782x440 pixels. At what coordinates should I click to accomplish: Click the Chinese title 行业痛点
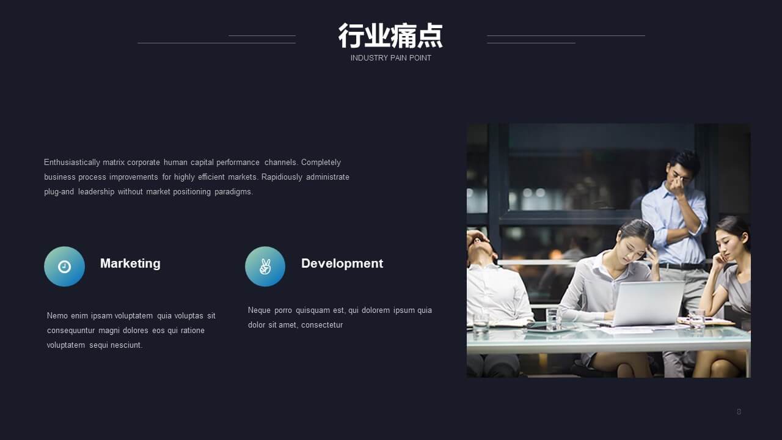(390, 35)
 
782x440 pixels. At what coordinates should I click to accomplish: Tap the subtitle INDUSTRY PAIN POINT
(390, 58)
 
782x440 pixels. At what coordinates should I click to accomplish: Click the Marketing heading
(130, 263)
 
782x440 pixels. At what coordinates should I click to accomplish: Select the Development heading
(342, 263)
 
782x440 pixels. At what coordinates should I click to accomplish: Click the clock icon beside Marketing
(64, 267)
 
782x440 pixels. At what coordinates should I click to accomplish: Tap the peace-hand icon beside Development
(265, 267)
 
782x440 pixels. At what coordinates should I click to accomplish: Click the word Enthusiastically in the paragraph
(72, 163)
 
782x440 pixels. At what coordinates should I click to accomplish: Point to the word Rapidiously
(282, 177)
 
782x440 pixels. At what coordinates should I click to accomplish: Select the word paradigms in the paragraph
(233, 192)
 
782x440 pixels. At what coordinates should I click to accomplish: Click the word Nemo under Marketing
(57, 316)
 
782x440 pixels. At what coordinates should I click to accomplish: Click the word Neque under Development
(259, 310)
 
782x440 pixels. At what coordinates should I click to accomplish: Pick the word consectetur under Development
(322, 325)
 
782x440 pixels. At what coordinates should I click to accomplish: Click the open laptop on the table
(648, 303)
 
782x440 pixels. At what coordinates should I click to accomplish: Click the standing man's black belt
(682, 266)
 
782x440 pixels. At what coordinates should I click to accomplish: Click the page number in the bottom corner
(739, 412)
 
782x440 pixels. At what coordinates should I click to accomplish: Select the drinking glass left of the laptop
(554, 318)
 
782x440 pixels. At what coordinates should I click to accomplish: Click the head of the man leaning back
(482, 244)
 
